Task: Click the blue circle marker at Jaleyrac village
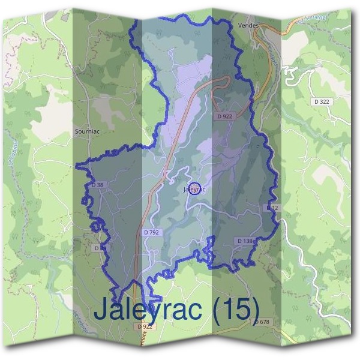point(194,190)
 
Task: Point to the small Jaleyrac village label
point(193,190)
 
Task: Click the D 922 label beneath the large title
point(146,327)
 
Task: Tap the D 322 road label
point(322,102)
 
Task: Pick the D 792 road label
point(152,232)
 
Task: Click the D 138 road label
point(244,241)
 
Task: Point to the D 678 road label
point(262,322)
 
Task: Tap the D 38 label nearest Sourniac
point(98,185)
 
